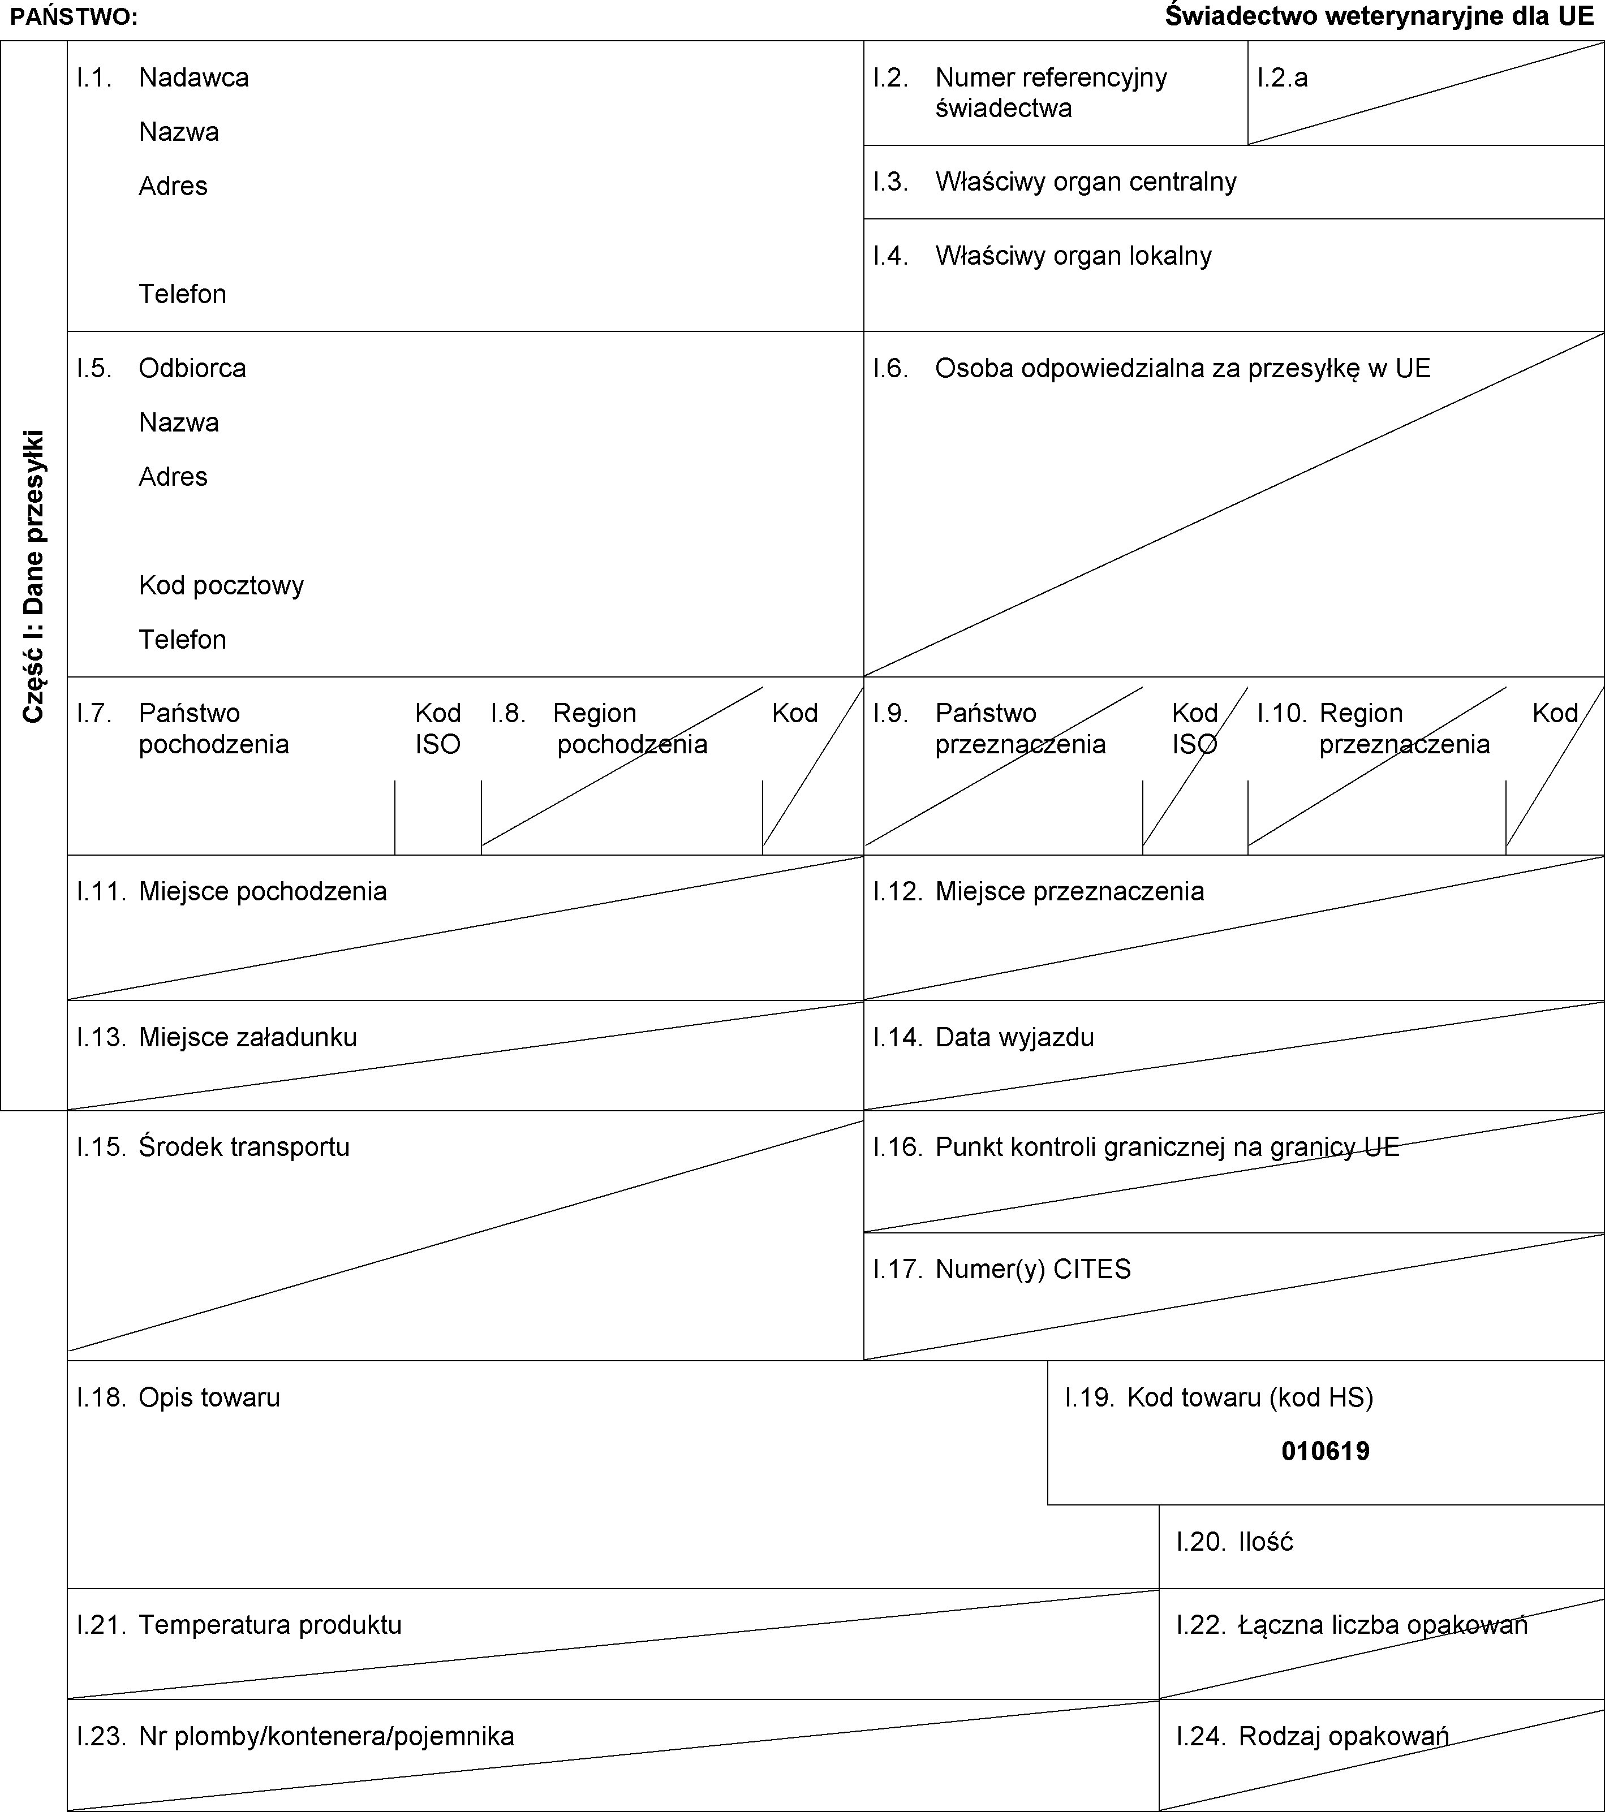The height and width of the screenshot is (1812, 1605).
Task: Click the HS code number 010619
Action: [1325, 1451]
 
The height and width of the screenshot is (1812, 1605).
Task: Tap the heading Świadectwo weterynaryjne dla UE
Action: [1379, 17]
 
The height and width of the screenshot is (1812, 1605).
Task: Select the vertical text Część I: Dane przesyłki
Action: [34, 576]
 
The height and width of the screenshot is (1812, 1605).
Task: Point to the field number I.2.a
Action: [1282, 78]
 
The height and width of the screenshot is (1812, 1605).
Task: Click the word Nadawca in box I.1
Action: [193, 78]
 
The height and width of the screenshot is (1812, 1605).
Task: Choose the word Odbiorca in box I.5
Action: [192, 368]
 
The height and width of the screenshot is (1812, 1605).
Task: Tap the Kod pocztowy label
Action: [221, 585]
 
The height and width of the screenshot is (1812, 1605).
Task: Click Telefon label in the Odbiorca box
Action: [182, 639]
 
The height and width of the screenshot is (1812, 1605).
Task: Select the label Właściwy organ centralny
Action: [1086, 182]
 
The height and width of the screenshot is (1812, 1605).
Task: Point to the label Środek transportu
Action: [244, 1147]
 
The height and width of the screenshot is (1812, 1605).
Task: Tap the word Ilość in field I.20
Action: [1266, 1542]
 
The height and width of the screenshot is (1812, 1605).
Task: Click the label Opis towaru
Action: [209, 1397]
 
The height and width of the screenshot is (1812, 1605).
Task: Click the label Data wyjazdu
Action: [1014, 1037]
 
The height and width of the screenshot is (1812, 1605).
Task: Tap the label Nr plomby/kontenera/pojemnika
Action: [326, 1736]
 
